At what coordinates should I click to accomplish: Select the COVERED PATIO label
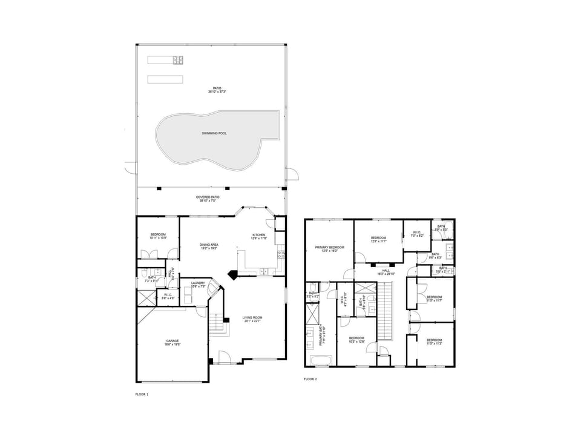(207, 199)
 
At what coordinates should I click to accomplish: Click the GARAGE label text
(172, 343)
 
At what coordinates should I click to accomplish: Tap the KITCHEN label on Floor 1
(259, 236)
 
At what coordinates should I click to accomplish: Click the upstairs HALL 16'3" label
(386, 272)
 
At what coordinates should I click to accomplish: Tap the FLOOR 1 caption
(141, 394)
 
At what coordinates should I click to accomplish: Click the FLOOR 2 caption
(310, 380)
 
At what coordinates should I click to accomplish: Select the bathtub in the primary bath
(321, 362)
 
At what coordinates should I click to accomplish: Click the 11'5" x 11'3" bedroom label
(434, 343)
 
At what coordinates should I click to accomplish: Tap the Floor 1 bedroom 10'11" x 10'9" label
(157, 236)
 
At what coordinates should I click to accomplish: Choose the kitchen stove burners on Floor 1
(281, 254)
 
